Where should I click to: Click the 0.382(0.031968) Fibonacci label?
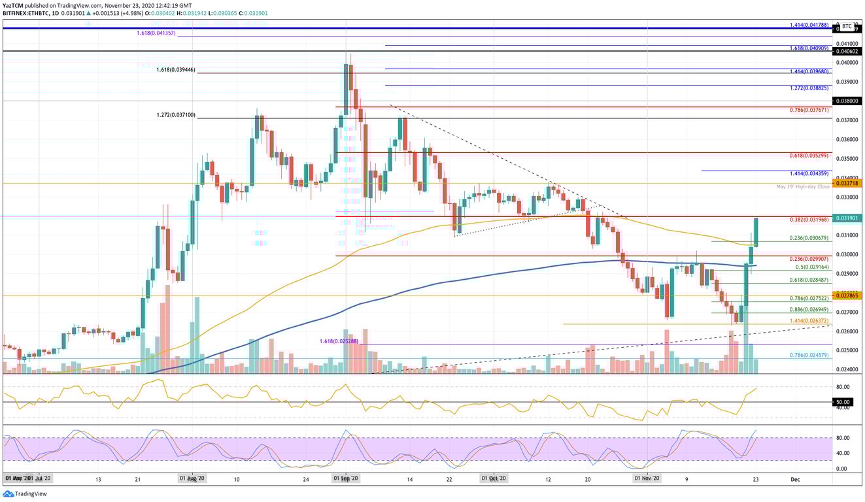coord(809,220)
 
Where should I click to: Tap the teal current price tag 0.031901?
coord(847,218)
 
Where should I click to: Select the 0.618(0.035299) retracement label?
coord(809,156)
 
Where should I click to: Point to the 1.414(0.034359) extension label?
coord(809,173)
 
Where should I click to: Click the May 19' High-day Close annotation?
coord(802,187)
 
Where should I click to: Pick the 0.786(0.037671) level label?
coord(809,110)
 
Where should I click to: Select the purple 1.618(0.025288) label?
coord(339,341)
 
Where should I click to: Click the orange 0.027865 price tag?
coord(847,295)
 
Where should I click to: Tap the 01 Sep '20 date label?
coord(345,479)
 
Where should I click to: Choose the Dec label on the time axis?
coord(794,479)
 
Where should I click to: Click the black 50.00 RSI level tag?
coord(843,402)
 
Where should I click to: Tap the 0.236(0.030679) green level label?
coord(809,238)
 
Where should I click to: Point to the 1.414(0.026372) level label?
coord(809,320)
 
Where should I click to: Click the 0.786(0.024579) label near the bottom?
coord(809,355)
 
